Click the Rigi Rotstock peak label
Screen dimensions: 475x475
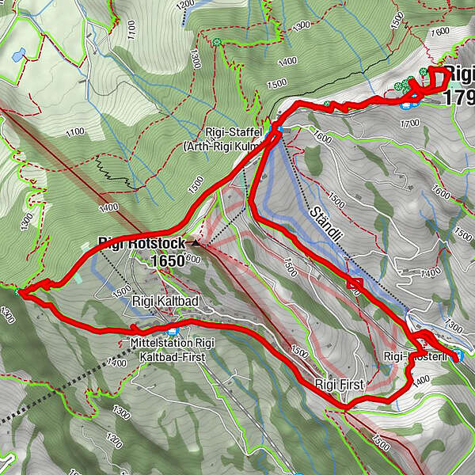pyautogui.click(x=142, y=243)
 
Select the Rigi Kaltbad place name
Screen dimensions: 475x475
pyautogui.click(x=165, y=301)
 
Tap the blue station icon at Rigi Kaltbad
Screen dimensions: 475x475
pyautogui.click(x=173, y=330)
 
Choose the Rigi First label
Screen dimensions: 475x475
pyautogui.click(x=339, y=385)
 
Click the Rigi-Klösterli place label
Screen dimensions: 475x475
pyautogui.click(x=416, y=357)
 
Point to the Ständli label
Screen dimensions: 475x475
pyautogui.click(x=324, y=224)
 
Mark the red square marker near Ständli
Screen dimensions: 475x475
pyautogui.click(x=355, y=283)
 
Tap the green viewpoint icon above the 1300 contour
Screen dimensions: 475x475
pyautogui.click(x=217, y=41)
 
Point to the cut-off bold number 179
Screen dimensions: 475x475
pyautogui.click(x=460, y=97)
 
